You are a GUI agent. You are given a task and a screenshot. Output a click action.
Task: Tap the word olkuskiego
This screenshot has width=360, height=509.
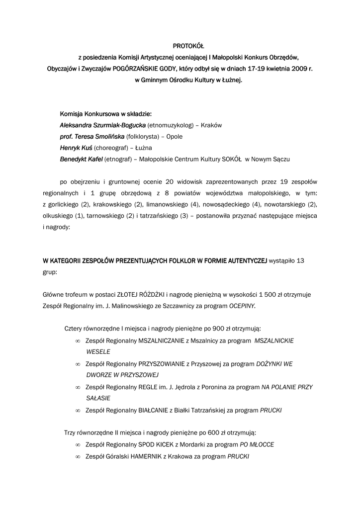tap(58, 216)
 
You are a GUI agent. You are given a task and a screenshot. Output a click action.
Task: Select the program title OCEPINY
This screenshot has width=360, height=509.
tap(242, 306)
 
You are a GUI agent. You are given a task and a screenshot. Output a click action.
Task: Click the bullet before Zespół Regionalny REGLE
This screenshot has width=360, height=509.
tap(77, 387)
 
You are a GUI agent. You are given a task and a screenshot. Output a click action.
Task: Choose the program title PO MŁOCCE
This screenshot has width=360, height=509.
tap(257, 444)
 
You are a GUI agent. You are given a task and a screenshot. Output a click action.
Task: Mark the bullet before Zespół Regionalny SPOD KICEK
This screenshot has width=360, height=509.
tap(77, 445)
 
